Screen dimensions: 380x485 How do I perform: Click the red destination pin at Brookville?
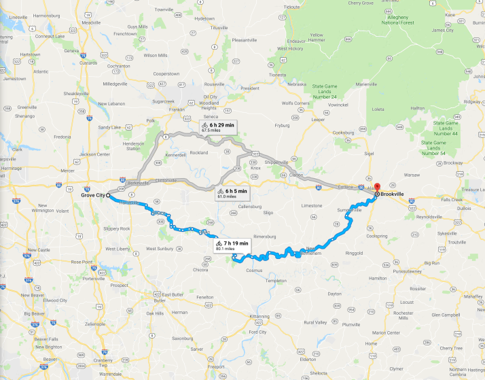(377, 188)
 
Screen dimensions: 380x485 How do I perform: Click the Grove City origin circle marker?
(108, 195)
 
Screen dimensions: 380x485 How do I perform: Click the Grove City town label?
(92, 195)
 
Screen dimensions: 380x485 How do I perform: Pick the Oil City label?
(211, 97)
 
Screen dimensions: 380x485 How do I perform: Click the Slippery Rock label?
(116, 228)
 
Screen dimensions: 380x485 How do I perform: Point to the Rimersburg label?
(248, 236)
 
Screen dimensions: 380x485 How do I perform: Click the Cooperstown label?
(170, 73)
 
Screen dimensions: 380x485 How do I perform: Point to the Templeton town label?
(276, 280)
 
